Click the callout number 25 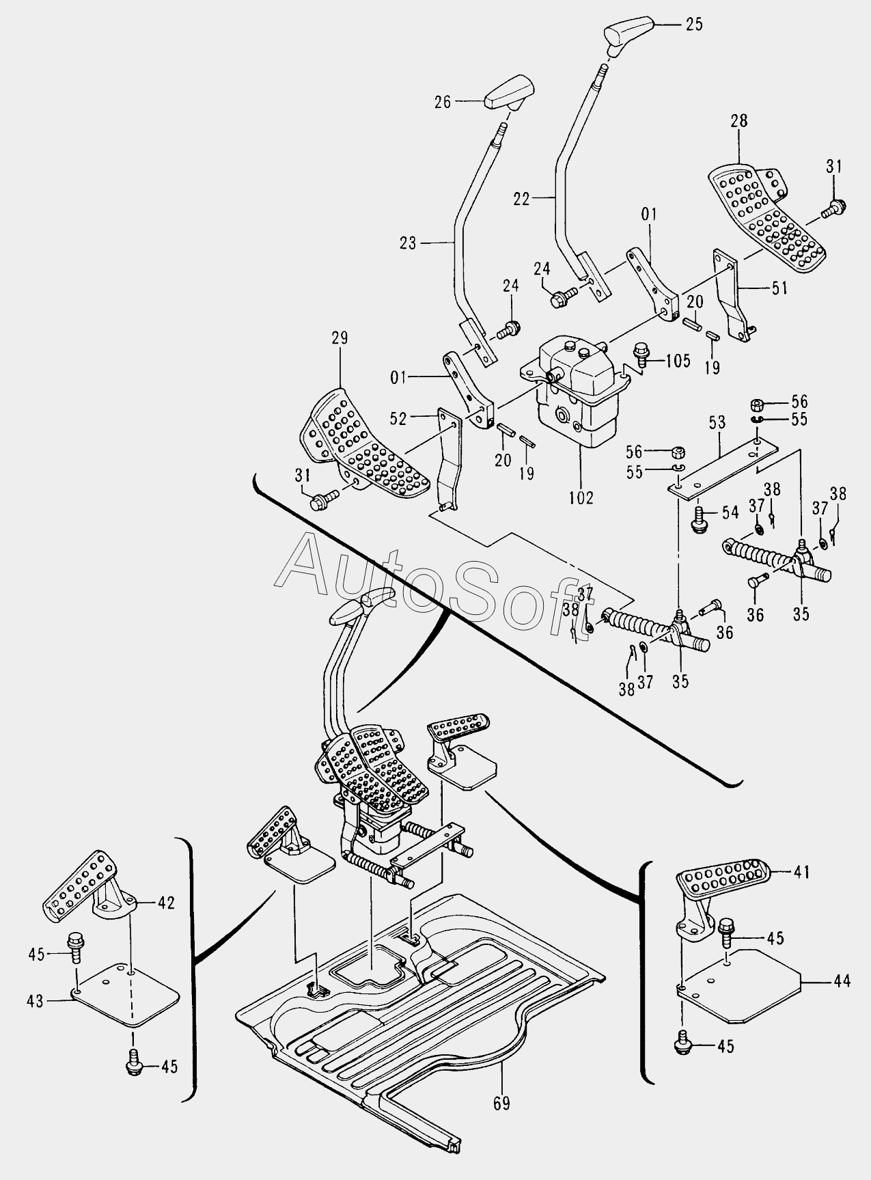(693, 25)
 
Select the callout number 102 (579, 497)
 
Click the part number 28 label (738, 122)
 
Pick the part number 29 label (340, 338)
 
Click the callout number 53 (717, 423)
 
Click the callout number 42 (166, 903)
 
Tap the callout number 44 (842, 981)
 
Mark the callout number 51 (779, 288)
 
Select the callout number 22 (521, 198)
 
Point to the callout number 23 (408, 243)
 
